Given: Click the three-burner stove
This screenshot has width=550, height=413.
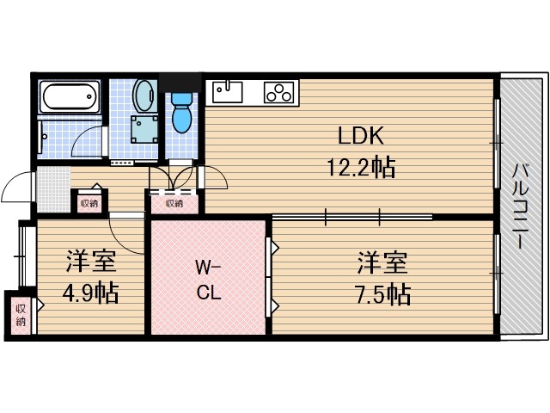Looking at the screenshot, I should (278, 91).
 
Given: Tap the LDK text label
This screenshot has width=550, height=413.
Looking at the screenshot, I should (359, 136).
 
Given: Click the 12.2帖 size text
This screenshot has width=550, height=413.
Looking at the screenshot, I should (359, 167).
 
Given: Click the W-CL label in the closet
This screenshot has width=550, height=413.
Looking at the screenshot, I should (209, 278).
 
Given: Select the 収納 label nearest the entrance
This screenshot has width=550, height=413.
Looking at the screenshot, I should (89, 204).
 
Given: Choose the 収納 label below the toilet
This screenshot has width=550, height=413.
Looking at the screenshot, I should (174, 204).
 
